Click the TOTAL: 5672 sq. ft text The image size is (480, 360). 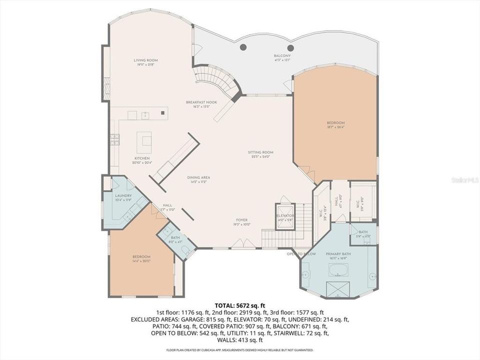(239, 304)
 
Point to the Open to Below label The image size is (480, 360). (301, 254)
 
